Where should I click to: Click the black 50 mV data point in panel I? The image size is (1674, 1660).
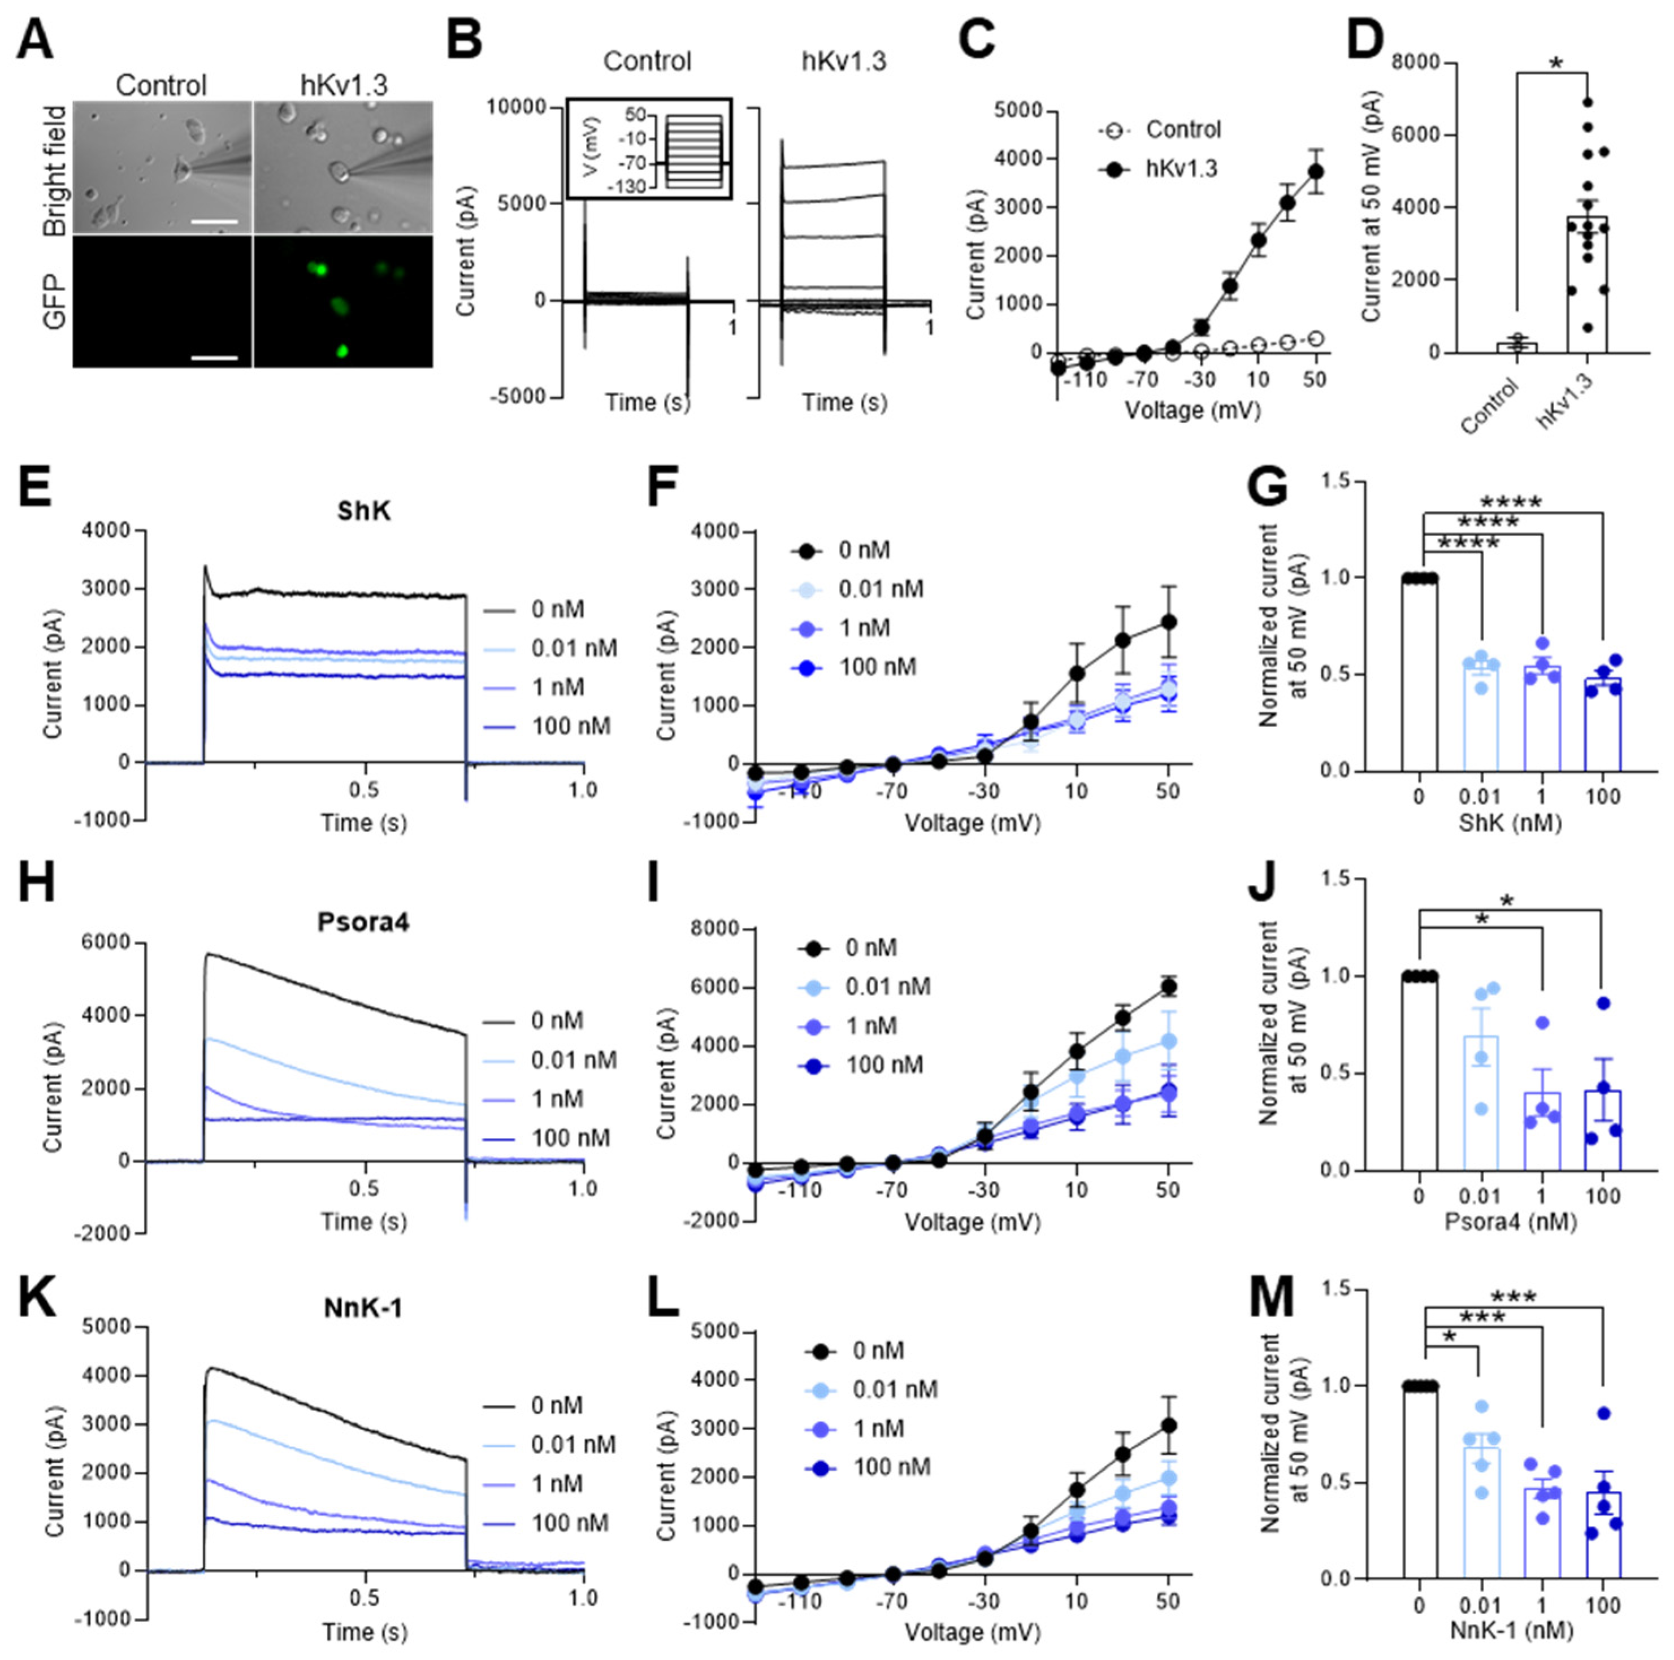[x=1168, y=986]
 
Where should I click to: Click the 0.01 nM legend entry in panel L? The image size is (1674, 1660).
[x=874, y=1389]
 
